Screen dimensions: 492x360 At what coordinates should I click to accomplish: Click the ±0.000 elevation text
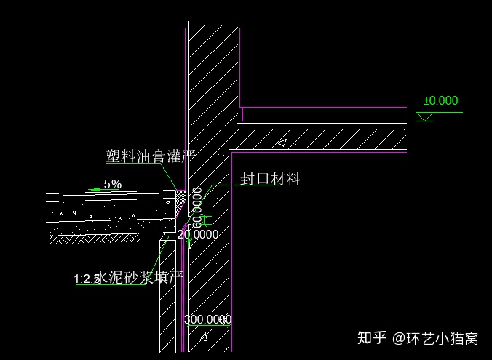point(441,101)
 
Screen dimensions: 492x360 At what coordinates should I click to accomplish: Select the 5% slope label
point(112,184)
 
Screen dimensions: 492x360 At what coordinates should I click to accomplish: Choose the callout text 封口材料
point(270,178)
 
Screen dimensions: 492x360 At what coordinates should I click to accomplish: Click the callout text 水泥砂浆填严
point(140,276)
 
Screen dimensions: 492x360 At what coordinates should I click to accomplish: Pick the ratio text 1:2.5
point(87,278)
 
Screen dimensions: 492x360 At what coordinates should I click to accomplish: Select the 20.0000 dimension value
point(198,234)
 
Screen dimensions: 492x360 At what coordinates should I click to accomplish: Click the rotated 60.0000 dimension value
point(197,207)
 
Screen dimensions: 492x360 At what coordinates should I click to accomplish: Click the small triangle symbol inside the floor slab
point(282,143)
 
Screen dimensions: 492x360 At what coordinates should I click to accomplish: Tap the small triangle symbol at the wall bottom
point(205,337)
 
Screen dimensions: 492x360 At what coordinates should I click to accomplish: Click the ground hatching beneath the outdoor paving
point(95,238)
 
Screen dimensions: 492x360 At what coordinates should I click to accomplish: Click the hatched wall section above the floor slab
point(213,73)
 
